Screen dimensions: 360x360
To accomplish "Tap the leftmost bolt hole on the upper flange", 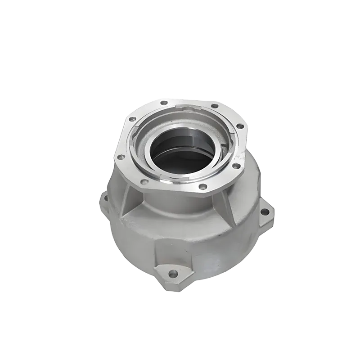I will pos(120,157).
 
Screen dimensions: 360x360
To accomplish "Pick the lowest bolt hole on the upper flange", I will pos(203,186).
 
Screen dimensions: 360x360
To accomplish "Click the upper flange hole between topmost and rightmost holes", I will pos(215,107).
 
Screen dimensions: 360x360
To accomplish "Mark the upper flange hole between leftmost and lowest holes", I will pos(144,182).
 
